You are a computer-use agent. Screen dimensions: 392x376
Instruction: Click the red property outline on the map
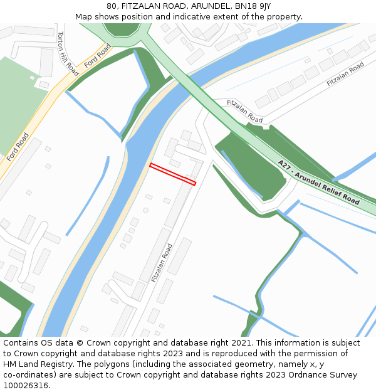pyautogui.click(x=173, y=174)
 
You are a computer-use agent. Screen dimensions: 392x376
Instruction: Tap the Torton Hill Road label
pyautogui.click(x=68, y=54)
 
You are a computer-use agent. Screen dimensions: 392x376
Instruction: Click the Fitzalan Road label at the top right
pyautogui.click(x=345, y=75)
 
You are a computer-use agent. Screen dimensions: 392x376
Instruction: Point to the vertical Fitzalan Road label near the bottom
pyautogui.click(x=162, y=263)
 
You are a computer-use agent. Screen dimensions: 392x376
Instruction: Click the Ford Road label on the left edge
pyautogui.click(x=18, y=147)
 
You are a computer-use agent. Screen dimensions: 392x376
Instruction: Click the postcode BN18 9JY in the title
pyautogui.click(x=253, y=6)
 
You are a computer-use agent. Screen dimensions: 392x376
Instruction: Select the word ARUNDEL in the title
pyautogui.click(x=208, y=6)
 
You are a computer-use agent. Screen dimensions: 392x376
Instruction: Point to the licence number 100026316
pyautogui.click(x=26, y=386)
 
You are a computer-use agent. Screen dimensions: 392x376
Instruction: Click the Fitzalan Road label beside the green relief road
pyautogui.click(x=244, y=110)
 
